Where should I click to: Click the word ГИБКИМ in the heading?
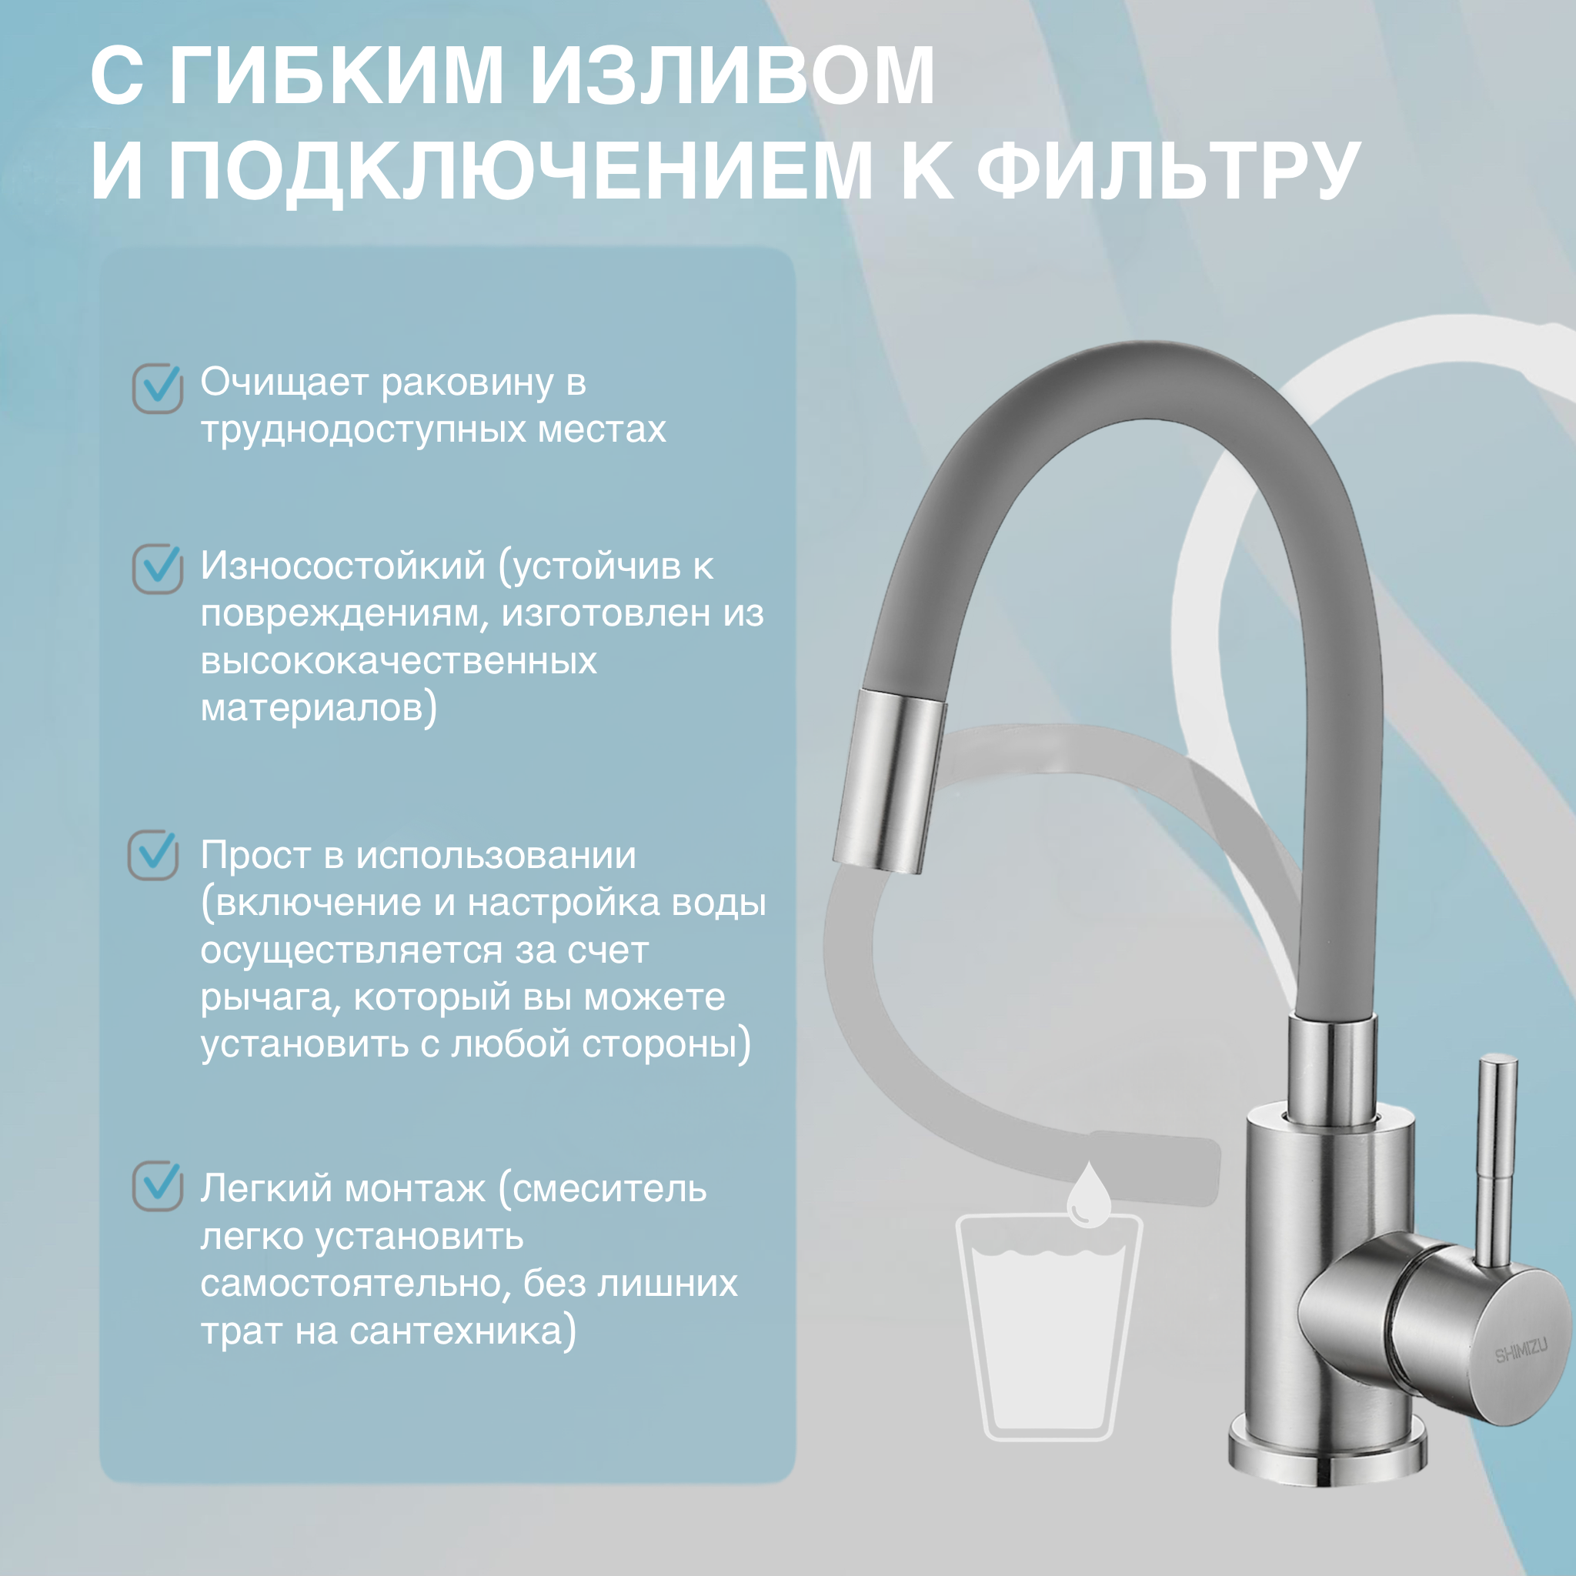(336, 76)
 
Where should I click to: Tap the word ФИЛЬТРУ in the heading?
(1167, 171)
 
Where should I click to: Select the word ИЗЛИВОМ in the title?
(732, 76)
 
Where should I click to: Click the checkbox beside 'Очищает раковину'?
(158, 389)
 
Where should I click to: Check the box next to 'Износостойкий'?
(158, 569)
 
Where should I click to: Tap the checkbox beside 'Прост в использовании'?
(153, 855)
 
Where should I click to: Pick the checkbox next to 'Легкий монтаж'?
(158, 1186)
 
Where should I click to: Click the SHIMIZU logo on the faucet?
(1521, 1350)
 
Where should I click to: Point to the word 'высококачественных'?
(398, 661)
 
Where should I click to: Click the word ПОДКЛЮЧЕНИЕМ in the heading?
(519, 171)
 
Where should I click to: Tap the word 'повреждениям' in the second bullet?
(344, 613)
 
